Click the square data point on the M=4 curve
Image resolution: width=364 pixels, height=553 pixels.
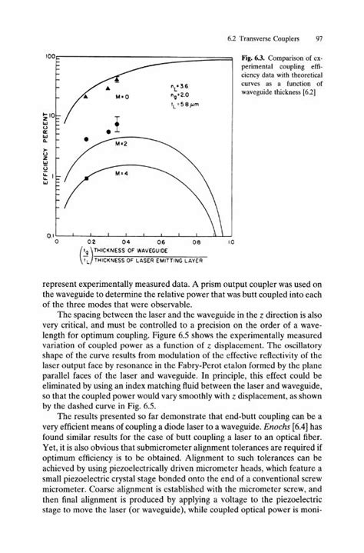click(86, 178)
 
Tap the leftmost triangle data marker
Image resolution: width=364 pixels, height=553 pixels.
click(86, 96)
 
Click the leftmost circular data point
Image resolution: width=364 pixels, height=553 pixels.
click(86, 139)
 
